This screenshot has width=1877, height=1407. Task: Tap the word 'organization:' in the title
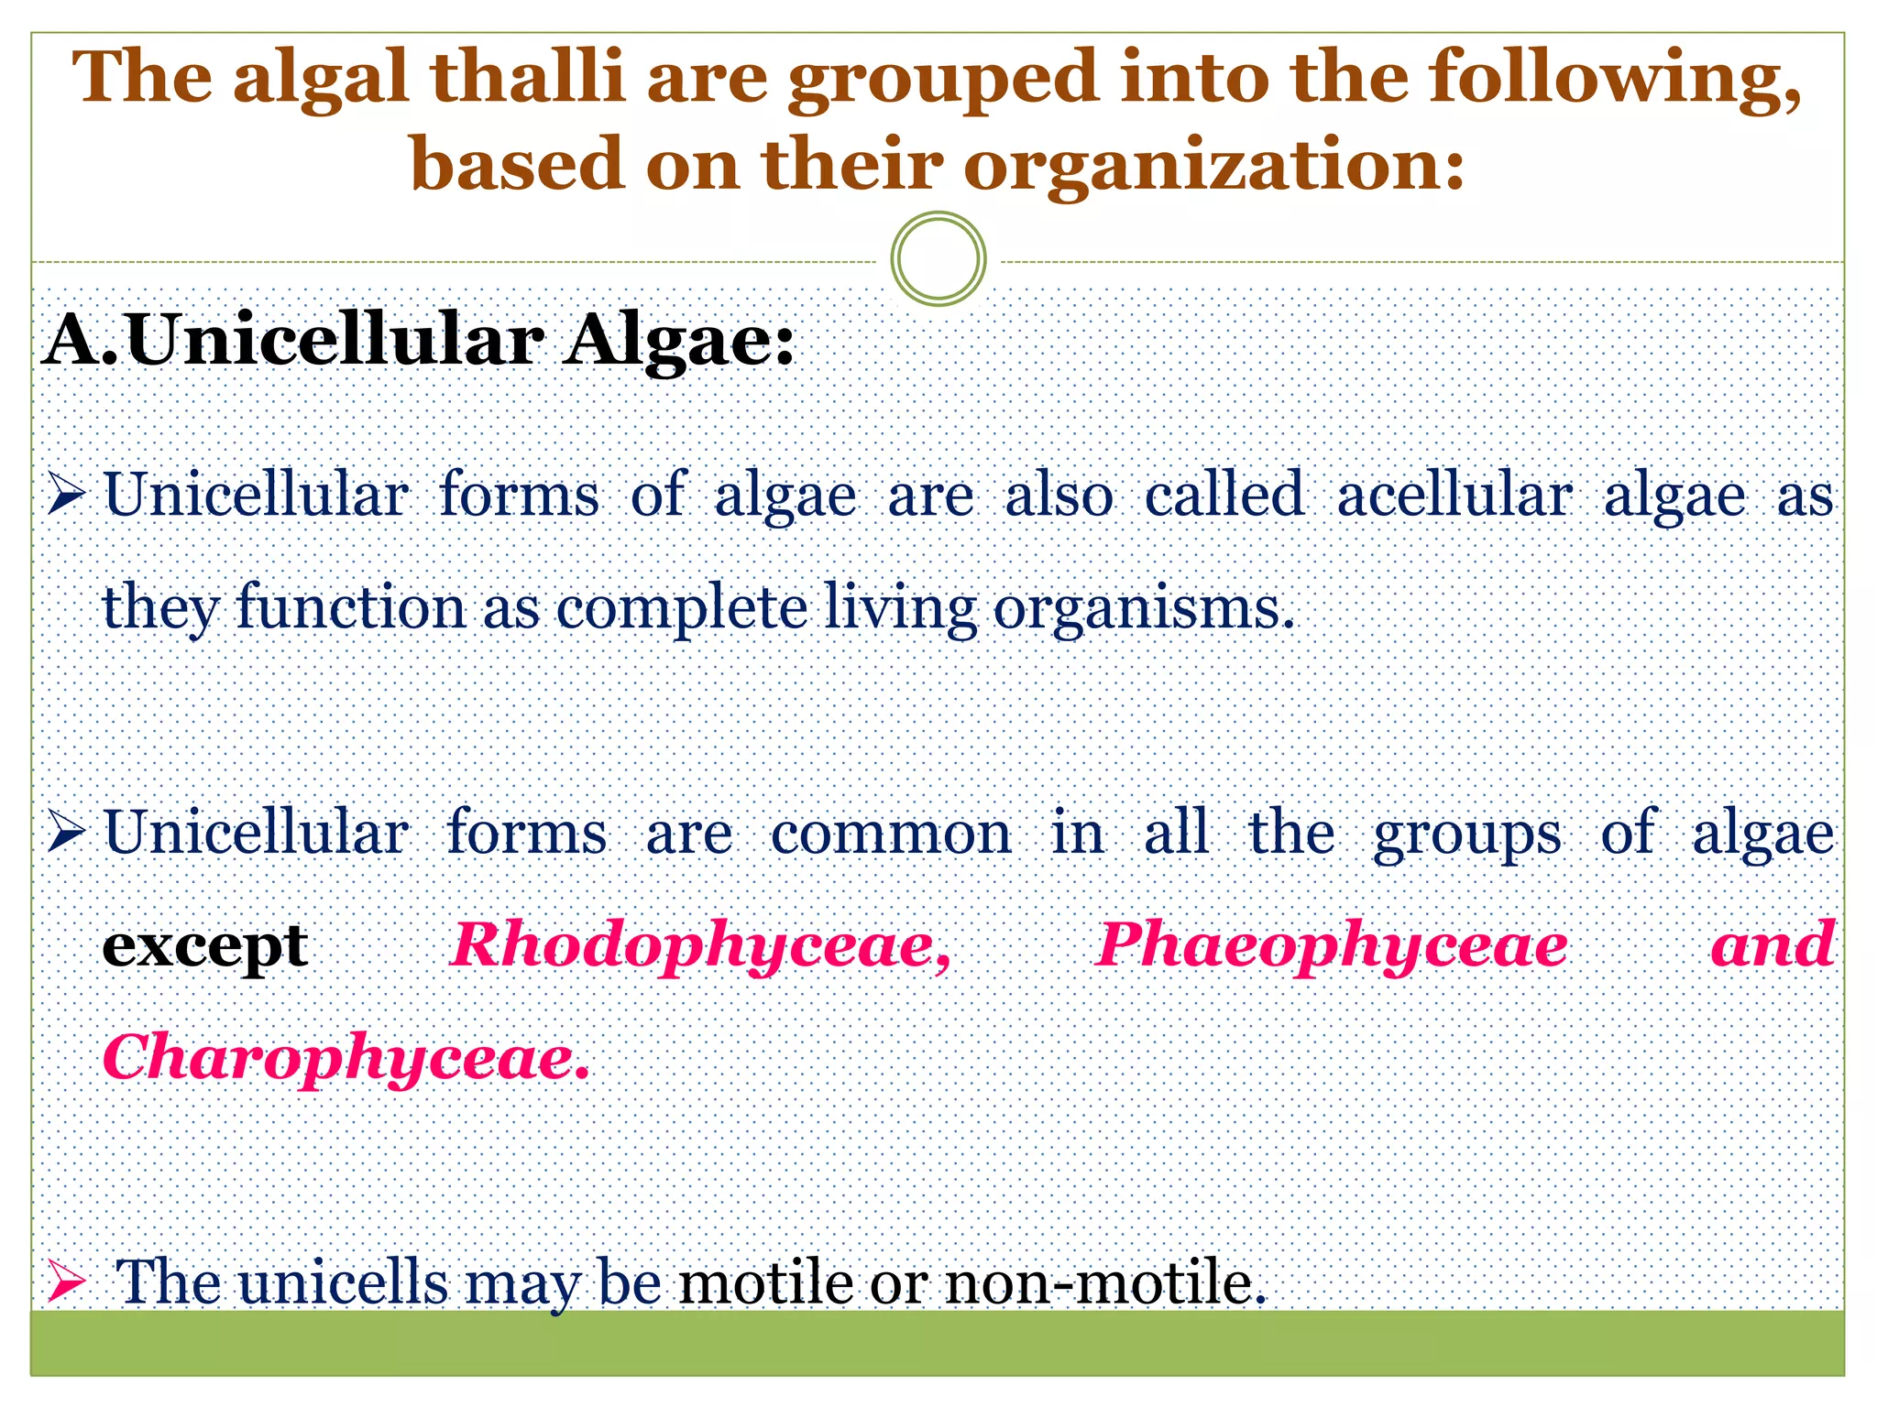[1213, 166]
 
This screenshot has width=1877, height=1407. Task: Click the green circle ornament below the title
[938, 259]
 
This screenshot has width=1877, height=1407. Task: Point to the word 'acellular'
[1454, 496]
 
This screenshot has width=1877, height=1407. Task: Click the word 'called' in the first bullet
[1224, 496]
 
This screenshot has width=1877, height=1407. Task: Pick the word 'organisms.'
[1144, 608]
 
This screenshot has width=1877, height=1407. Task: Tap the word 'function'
[351, 608]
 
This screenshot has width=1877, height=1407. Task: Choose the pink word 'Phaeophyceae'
[1332, 946]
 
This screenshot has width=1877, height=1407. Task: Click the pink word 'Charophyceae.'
[346, 1059]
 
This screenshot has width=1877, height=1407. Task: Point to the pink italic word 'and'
[1773, 944]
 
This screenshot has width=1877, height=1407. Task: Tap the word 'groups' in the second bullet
[1466, 834]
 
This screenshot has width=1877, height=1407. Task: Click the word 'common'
[891, 834]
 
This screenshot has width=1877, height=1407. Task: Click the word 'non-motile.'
[1105, 1282]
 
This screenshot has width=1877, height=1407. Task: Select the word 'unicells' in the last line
[344, 1282]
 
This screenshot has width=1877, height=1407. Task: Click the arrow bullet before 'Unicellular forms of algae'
[67, 495]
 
